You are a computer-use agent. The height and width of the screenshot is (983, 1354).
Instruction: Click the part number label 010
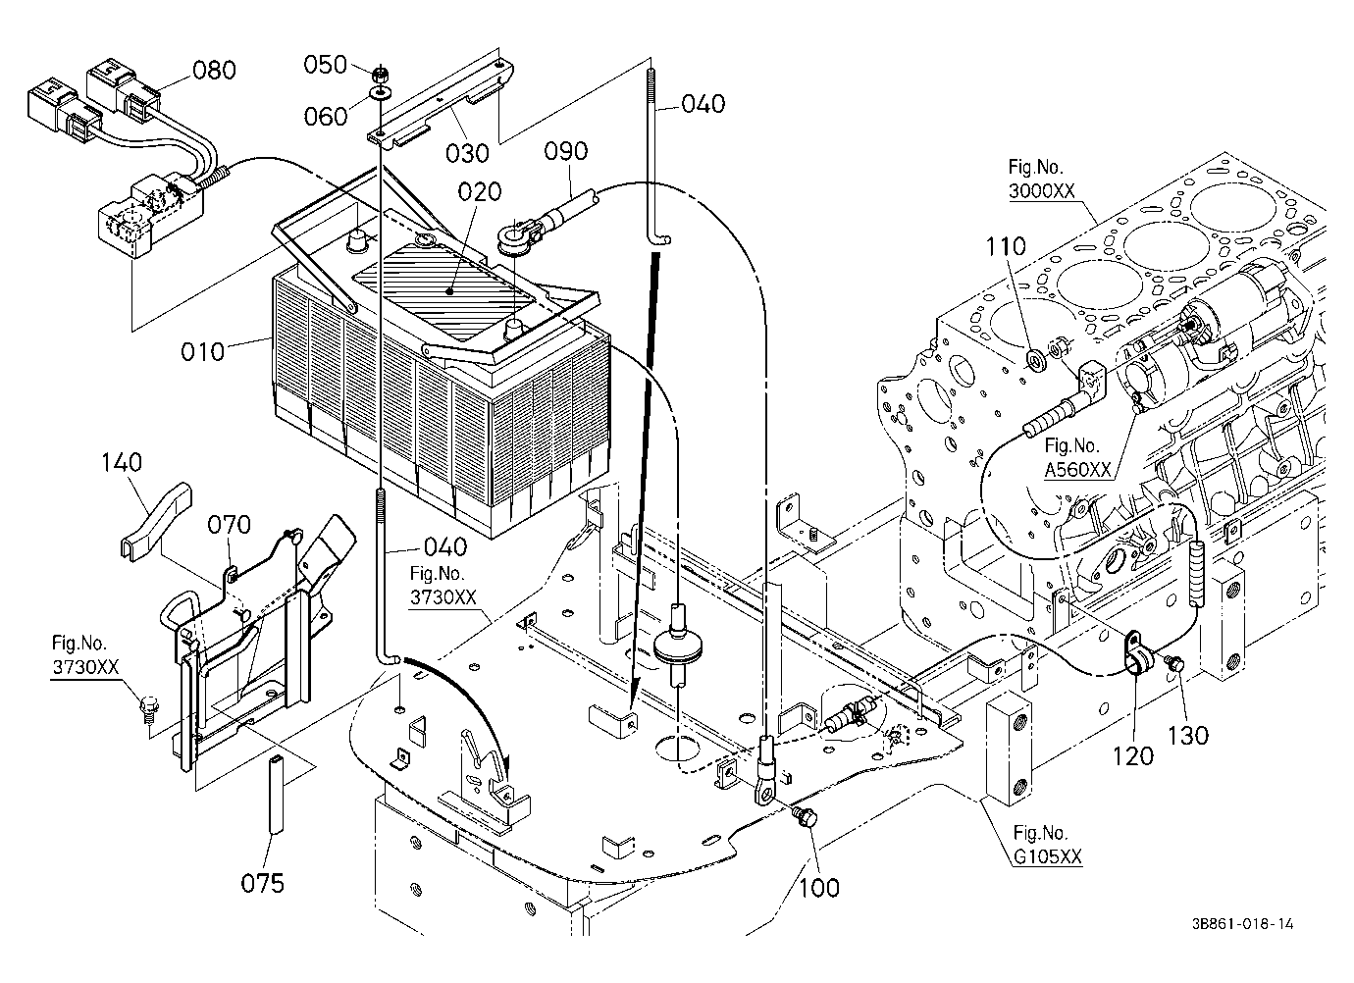[202, 351]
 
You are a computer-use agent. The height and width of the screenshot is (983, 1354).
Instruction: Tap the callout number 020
[480, 191]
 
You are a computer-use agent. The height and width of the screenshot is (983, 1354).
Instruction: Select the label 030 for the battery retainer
[467, 154]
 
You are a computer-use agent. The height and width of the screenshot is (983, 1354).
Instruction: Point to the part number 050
[325, 65]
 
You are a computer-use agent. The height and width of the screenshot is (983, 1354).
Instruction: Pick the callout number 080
[214, 70]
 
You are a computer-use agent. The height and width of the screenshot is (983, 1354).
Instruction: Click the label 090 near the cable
[566, 151]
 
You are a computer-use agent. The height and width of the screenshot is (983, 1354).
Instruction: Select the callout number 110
[1006, 246]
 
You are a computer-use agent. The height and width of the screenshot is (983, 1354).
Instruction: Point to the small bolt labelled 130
[1174, 663]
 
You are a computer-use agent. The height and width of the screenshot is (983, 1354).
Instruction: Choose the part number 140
[122, 463]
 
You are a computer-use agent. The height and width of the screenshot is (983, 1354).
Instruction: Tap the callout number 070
[229, 525]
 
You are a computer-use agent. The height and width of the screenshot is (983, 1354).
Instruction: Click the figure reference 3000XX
[1041, 191]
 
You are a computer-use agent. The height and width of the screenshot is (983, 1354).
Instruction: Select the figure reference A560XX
[1078, 470]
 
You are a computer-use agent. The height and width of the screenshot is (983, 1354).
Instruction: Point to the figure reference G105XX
[1048, 856]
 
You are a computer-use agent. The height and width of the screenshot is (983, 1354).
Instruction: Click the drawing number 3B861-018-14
[1243, 924]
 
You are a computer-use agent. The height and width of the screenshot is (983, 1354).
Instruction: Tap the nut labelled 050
[381, 75]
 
